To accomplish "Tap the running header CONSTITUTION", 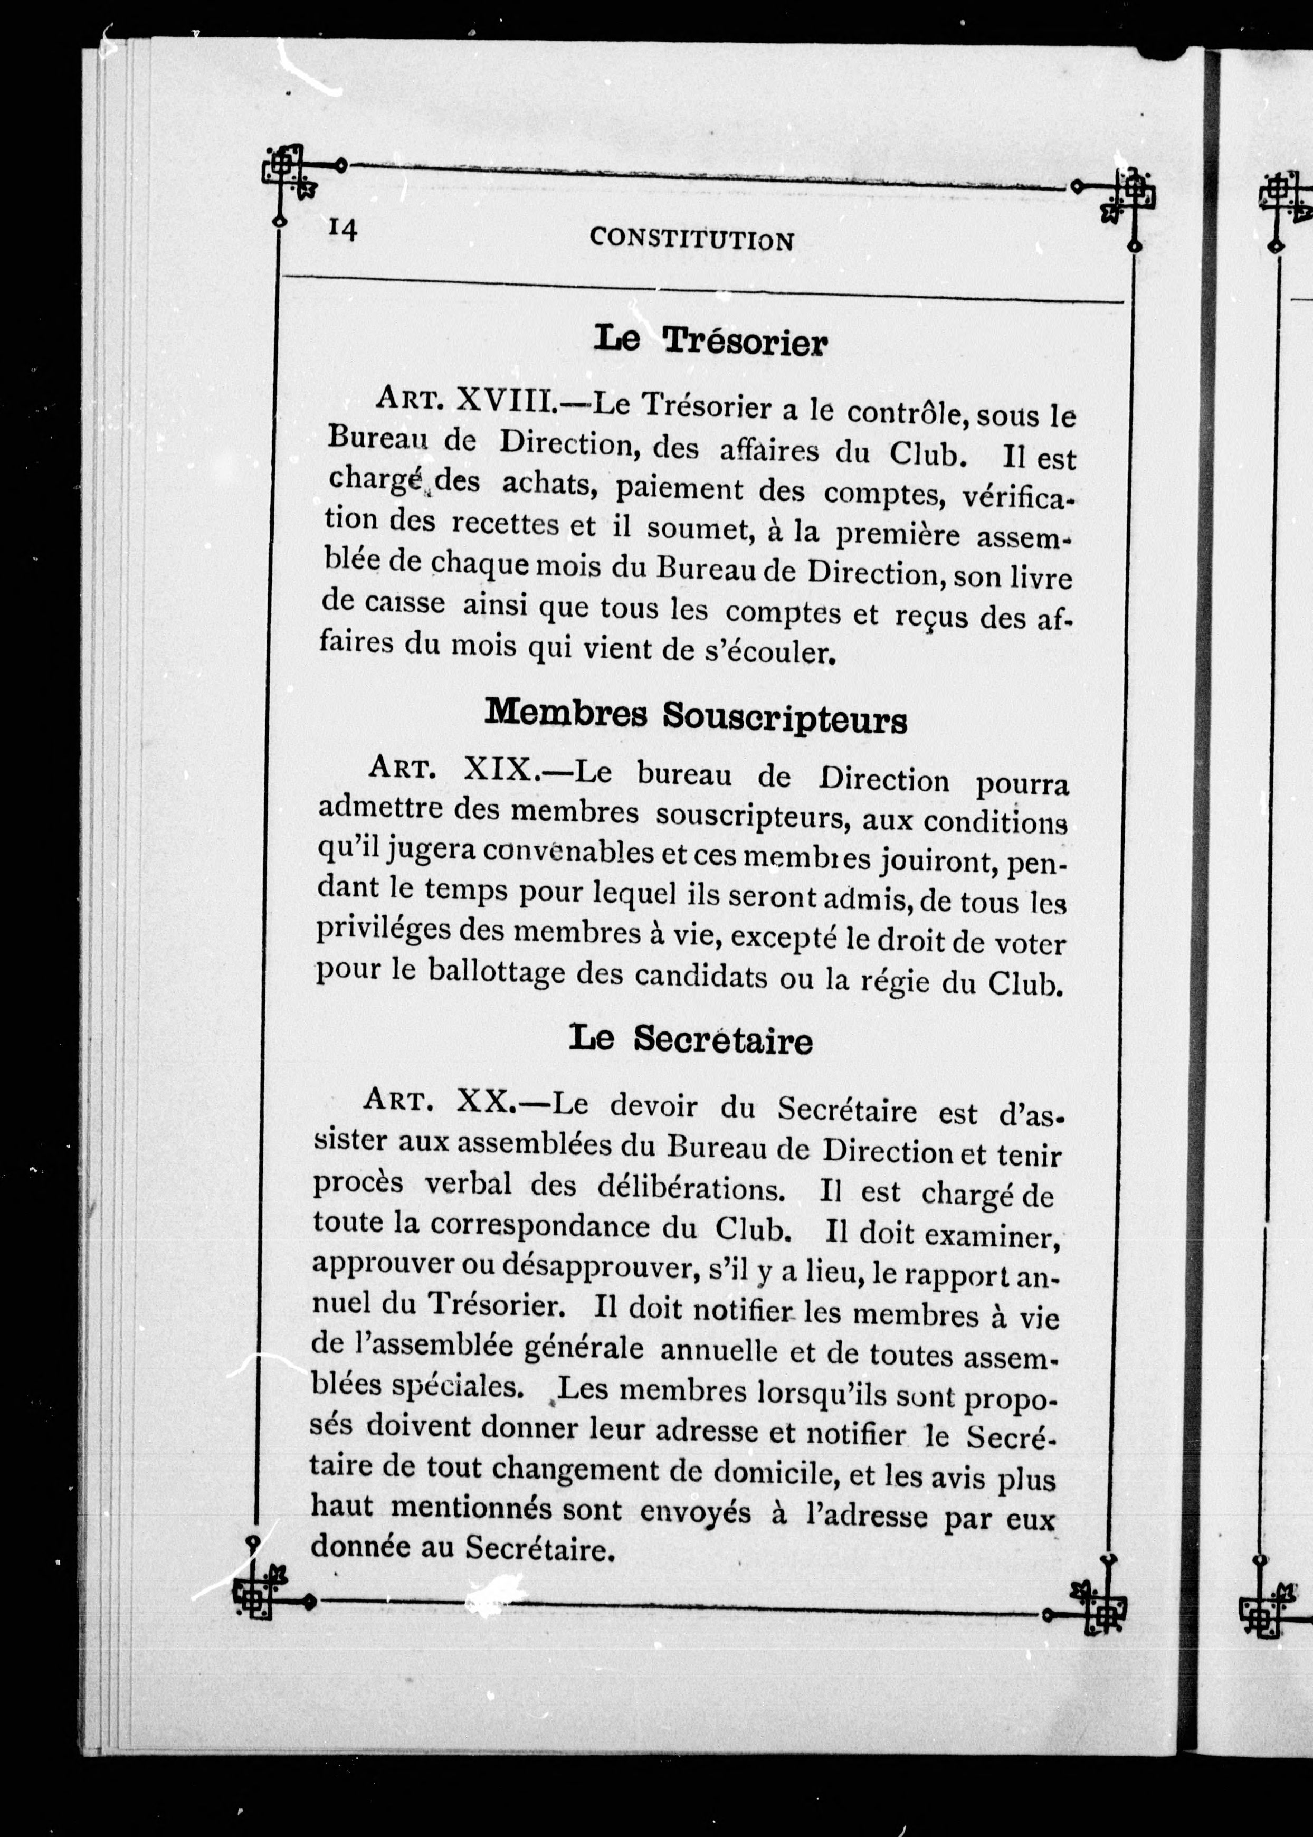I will tap(691, 239).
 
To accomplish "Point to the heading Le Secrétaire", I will tap(690, 1039).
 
